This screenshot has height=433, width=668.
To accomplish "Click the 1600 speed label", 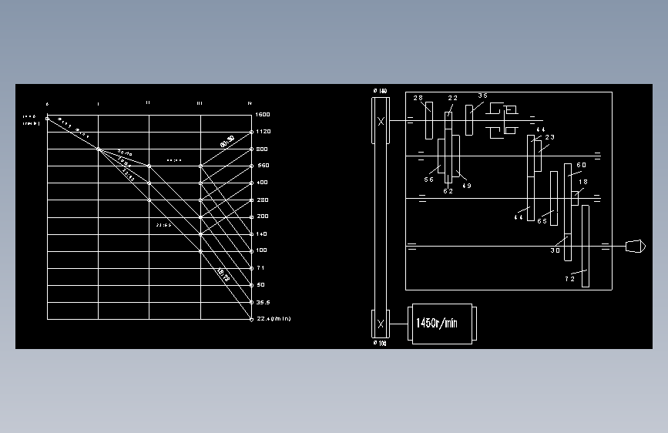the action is (x=263, y=114).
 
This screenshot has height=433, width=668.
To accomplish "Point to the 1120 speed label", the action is (x=263, y=132).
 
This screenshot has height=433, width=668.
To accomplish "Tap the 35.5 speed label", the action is (x=263, y=302).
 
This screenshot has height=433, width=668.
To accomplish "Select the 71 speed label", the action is (x=260, y=267).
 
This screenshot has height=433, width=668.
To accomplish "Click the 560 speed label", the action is (x=262, y=166).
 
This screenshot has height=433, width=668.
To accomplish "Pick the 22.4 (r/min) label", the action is (x=274, y=318).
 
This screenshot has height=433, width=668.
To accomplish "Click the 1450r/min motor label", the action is (x=436, y=324).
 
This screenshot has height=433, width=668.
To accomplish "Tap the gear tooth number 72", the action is (x=569, y=280).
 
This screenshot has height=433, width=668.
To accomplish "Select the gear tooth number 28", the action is (x=418, y=98).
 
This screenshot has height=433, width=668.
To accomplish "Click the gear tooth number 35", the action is (x=482, y=96).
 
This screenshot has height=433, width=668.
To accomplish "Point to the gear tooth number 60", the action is (x=581, y=165).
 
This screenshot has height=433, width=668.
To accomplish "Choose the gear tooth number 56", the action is (x=429, y=179).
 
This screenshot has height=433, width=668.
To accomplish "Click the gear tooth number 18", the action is (x=582, y=183).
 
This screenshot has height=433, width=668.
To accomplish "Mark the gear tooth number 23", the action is (x=549, y=137).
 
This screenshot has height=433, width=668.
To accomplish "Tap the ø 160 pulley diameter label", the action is (x=380, y=91).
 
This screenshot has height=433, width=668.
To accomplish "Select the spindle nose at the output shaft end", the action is (x=633, y=246).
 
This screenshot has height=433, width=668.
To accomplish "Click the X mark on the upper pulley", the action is (x=381, y=121).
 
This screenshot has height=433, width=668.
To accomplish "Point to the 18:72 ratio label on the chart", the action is (x=223, y=274).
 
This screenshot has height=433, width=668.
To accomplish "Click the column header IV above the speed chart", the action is (x=250, y=102).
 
